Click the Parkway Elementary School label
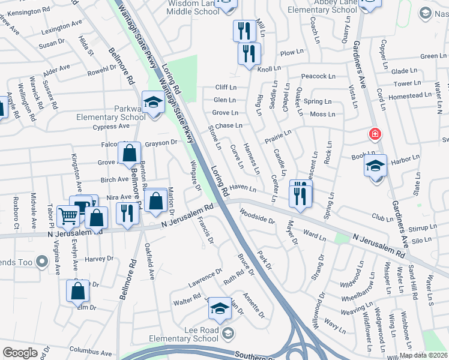pyautogui.click(x=111, y=113)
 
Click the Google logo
pyautogui.click(x=20, y=353)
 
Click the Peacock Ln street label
pyautogui.click(x=318, y=76)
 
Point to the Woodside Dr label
pyautogui.click(x=256, y=216)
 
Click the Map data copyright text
pyautogui.click(x=424, y=355)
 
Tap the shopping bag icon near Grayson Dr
pyautogui.click(x=130, y=154)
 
